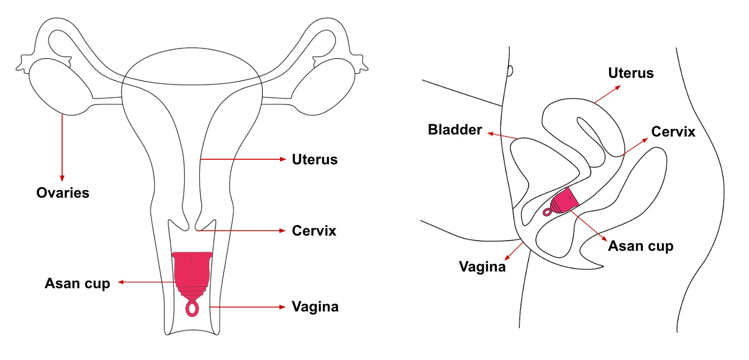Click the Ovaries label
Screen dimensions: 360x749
(63, 193)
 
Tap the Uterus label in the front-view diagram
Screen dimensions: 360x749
(314, 160)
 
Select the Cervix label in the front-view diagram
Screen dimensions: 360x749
(314, 231)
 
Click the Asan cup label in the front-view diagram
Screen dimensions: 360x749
(77, 283)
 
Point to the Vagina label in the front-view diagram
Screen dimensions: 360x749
(315, 307)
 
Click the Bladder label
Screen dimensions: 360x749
(455, 130)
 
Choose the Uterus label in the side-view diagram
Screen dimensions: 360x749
(631, 73)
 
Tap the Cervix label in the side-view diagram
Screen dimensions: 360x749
(673, 132)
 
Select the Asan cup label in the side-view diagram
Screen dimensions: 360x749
(640, 246)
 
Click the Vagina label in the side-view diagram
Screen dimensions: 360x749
(482, 266)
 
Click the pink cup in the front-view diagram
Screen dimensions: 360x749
(192, 273)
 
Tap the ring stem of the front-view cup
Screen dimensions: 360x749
(192, 308)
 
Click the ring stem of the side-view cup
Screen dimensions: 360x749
(547, 212)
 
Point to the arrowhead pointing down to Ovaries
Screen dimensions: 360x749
(63, 178)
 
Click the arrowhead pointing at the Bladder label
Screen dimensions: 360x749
(490, 133)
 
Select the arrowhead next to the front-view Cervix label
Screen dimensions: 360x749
(283, 231)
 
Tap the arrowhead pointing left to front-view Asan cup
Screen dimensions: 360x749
(121, 283)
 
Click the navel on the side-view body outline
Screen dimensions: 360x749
(510, 71)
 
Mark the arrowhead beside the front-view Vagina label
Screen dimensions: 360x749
(283, 307)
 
